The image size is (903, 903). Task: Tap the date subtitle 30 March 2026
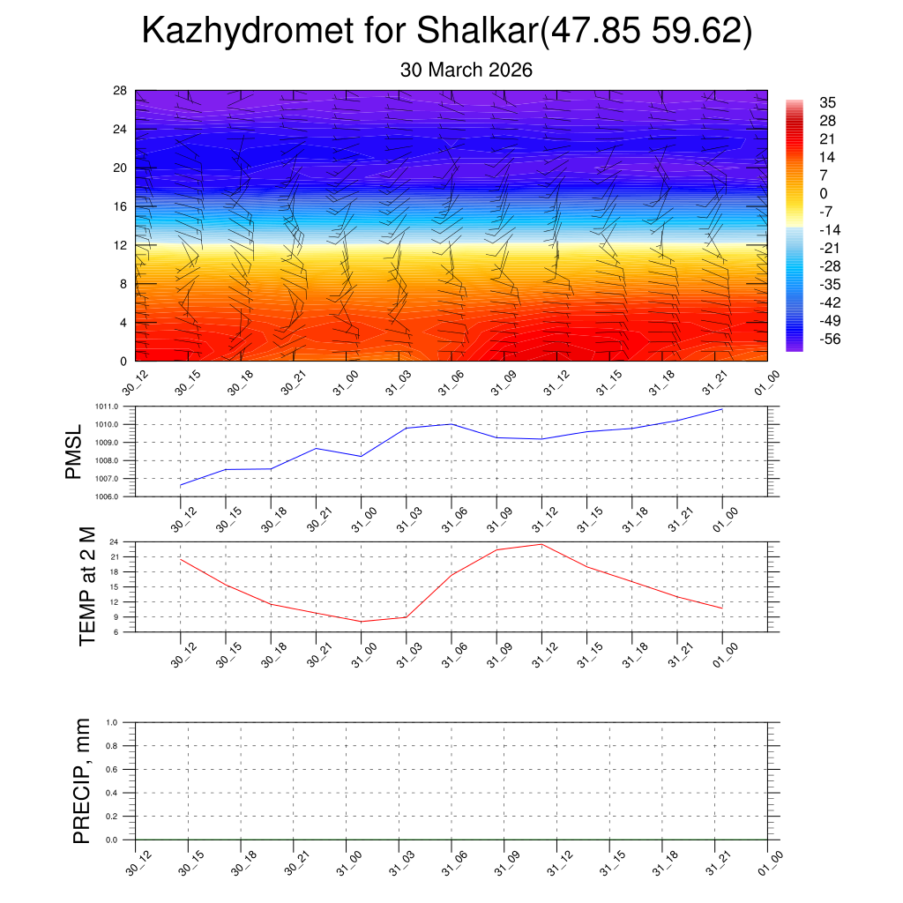point(466,70)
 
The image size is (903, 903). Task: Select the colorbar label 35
point(828,102)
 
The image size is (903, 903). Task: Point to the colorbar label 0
point(824,194)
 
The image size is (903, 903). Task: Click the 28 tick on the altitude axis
point(121,91)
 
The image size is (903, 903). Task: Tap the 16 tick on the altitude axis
point(121,206)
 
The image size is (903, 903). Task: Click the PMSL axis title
point(74,451)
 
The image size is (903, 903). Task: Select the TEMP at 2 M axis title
point(86,586)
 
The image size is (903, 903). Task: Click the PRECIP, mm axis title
point(82,780)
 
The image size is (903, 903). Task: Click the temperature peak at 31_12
point(541,544)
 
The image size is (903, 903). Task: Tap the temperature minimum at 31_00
point(361,622)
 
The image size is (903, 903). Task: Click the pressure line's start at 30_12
point(181,486)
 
